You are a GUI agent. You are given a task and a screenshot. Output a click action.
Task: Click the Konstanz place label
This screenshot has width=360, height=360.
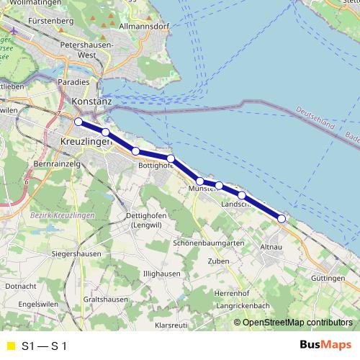(92, 102)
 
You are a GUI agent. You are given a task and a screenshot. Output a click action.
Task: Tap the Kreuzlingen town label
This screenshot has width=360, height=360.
(86, 142)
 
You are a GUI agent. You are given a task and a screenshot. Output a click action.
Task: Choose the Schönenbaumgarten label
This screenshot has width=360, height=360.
(208, 243)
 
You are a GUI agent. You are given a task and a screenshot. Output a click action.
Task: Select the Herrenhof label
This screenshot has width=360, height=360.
(231, 294)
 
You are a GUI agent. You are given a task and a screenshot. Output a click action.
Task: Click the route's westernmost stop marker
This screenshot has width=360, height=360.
(78, 122)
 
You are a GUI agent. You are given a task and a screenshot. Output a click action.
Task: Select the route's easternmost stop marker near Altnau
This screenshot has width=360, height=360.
(282, 218)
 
